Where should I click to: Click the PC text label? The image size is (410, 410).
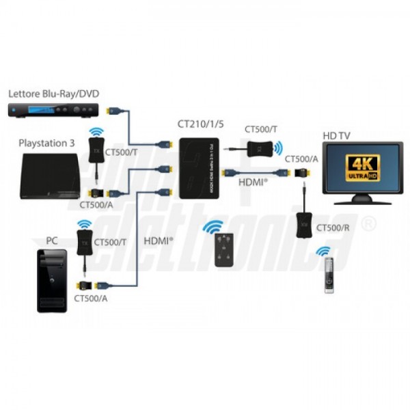coord(51,241)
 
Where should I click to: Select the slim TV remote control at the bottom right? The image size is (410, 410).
coord(329,275)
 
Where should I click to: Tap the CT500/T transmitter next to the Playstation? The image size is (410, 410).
coord(95,148)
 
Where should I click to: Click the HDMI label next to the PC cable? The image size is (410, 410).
coord(158,241)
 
